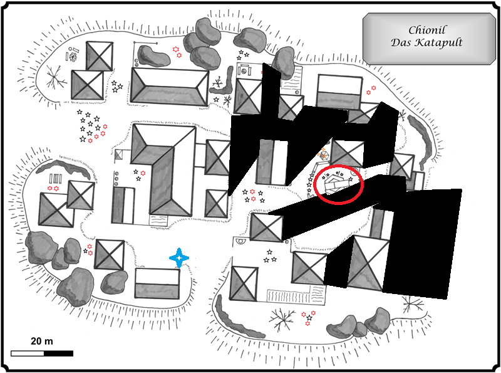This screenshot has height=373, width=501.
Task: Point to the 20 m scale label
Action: pos(42,341)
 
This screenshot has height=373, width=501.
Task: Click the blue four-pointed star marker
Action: pos(180,258)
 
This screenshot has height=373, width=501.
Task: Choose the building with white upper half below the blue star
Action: pos(158,283)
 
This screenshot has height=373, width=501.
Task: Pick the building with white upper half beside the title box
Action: pos(339,92)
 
